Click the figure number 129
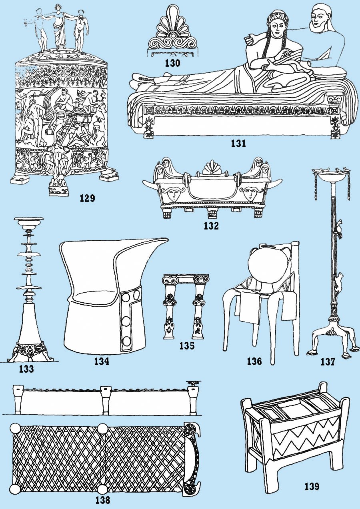pyautogui.click(x=87, y=198)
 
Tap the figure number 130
pyautogui.click(x=172, y=63)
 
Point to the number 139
pyautogui.click(x=312, y=486)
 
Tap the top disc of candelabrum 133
pyautogui.click(x=28, y=219)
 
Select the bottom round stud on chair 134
pyautogui.click(x=127, y=341)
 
